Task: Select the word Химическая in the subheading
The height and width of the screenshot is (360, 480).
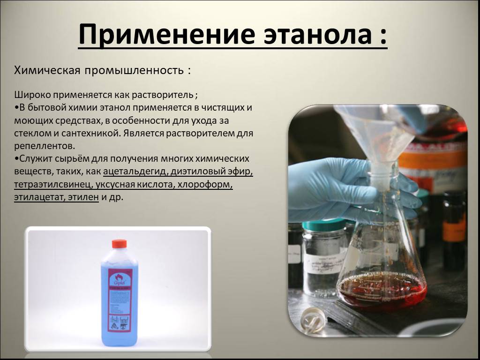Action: [x=47, y=70]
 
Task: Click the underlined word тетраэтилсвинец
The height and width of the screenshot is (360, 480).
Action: [x=53, y=185]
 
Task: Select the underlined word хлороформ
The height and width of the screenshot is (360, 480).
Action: [x=205, y=185]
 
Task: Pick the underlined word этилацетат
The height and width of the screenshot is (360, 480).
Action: [x=39, y=197]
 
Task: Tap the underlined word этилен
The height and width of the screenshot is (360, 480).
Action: [x=83, y=197]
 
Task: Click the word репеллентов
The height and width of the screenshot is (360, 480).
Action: [x=45, y=146]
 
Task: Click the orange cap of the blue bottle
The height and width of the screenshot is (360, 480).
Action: [x=119, y=244]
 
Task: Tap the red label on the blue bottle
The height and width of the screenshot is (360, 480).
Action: [x=120, y=300]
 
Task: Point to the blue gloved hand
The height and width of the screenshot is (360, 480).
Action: [x=345, y=190]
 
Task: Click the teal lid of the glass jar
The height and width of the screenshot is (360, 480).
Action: [x=324, y=225]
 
